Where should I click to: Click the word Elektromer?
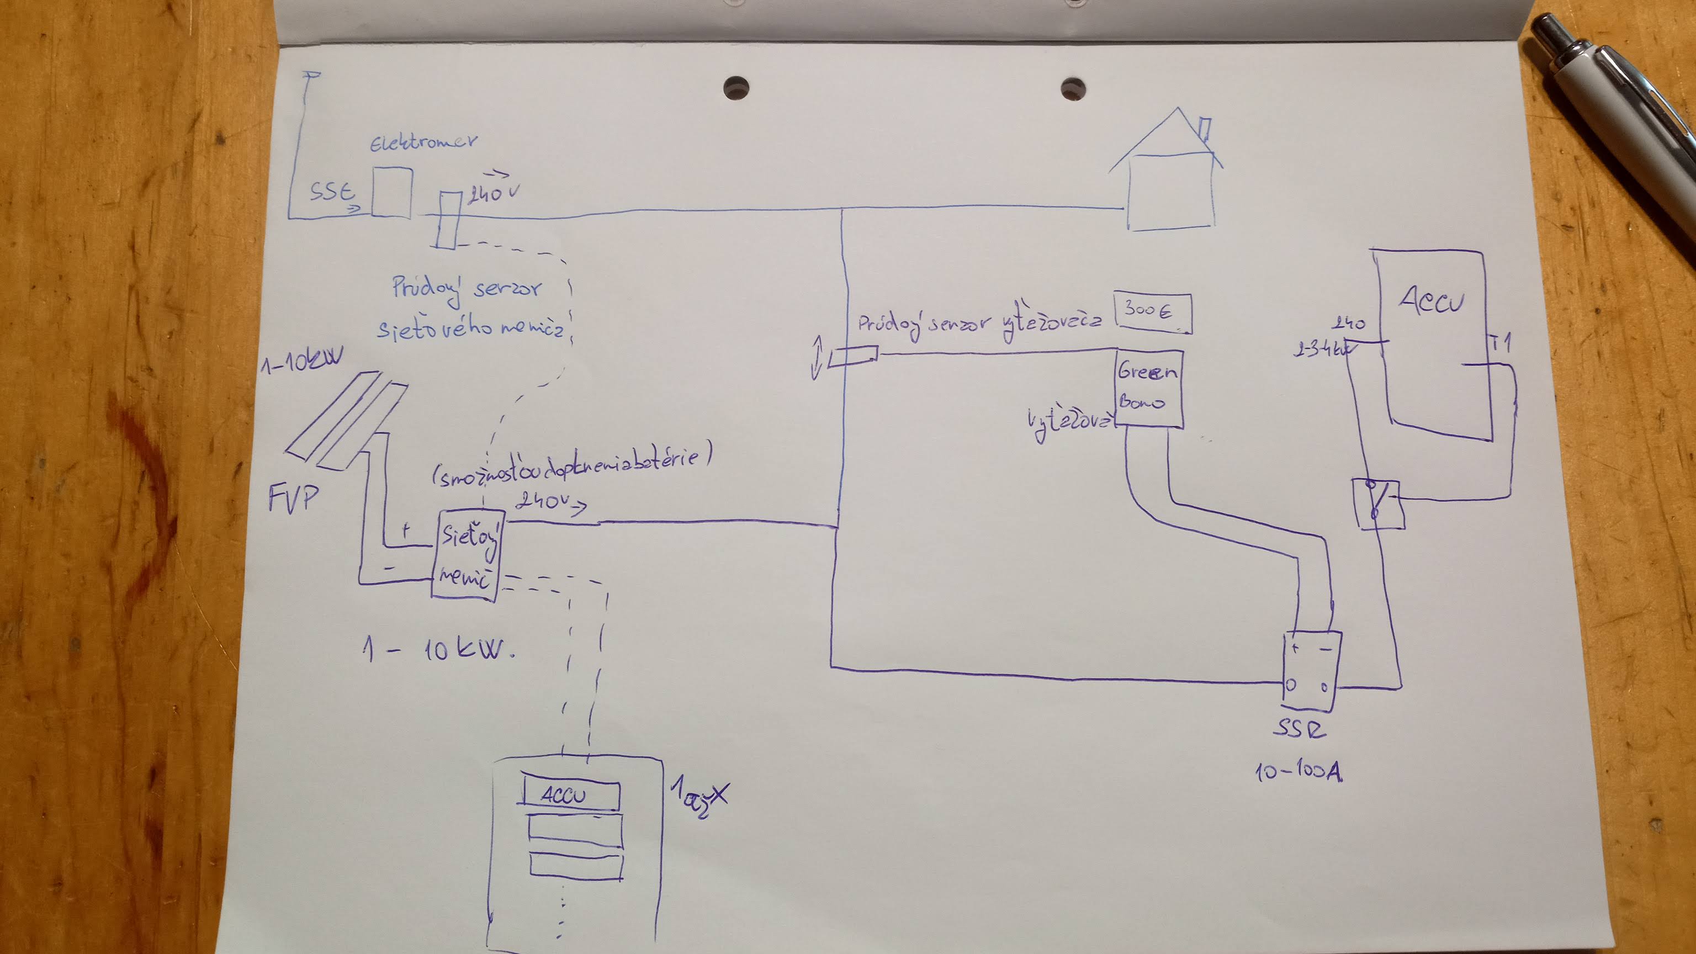tap(423, 141)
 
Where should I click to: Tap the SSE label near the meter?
tap(332, 192)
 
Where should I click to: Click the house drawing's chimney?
tap(1205, 129)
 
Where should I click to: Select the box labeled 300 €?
tap(1152, 312)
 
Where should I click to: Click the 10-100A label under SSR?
tap(1298, 771)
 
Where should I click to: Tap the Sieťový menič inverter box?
tap(466, 554)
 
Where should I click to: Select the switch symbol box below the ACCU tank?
tap(1378, 504)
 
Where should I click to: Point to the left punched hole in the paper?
tap(736, 88)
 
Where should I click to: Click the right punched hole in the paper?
tap(1073, 89)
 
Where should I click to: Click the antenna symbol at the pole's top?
tap(311, 76)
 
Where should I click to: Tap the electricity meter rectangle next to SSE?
tap(392, 192)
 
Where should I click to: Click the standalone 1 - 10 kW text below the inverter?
tap(438, 650)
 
